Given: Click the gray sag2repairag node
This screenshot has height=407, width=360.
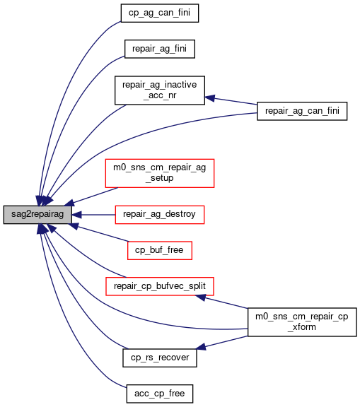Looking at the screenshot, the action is (37, 215).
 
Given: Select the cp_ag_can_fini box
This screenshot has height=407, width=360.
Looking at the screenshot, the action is (159, 13).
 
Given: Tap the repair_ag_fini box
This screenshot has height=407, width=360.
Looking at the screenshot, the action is (159, 49).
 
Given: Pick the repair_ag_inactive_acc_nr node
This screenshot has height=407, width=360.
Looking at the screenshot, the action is (159, 90).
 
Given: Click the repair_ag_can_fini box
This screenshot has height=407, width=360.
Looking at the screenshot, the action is (302, 111).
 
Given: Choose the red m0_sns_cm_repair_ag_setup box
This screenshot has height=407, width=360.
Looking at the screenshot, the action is (159, 173).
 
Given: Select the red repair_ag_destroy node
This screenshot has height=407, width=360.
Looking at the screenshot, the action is (159, 215).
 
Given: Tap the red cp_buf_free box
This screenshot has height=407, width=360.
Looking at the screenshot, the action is (159, 250).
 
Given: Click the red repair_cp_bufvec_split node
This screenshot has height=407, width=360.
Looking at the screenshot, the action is (159, 286).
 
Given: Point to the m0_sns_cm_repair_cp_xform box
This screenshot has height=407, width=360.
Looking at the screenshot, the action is (302, 322).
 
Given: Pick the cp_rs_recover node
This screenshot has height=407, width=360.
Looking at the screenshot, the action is (159, 358).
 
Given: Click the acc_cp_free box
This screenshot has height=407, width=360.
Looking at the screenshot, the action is (159, 394).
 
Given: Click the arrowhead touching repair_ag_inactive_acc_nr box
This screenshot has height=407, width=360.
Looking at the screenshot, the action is (209, 98).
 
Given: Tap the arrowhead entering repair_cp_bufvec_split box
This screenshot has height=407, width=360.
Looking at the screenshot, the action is (201, 297).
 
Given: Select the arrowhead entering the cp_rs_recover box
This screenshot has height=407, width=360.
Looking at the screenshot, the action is (201, 347).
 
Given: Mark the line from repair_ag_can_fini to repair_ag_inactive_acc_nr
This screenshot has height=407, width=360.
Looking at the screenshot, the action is (231, 101).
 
